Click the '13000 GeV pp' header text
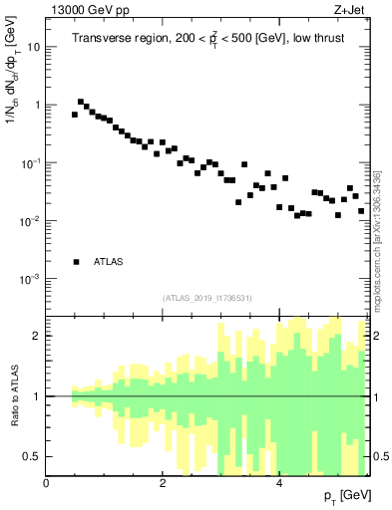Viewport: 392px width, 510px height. tap(88, 11)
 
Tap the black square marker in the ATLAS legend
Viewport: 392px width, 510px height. tap(76, 262)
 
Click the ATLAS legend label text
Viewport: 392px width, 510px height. tap(109, 262)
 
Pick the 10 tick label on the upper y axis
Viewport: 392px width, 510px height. tap(34, 47)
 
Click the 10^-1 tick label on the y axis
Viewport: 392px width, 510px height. tap(30, 162)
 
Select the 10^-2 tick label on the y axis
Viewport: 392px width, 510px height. tap(30, 220)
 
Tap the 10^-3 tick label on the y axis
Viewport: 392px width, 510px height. tap(30, 279)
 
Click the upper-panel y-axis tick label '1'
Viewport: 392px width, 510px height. tap(37, 105)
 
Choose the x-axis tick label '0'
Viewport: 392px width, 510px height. tap(46, 484)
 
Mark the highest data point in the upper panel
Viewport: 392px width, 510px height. tap(81, 102)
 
